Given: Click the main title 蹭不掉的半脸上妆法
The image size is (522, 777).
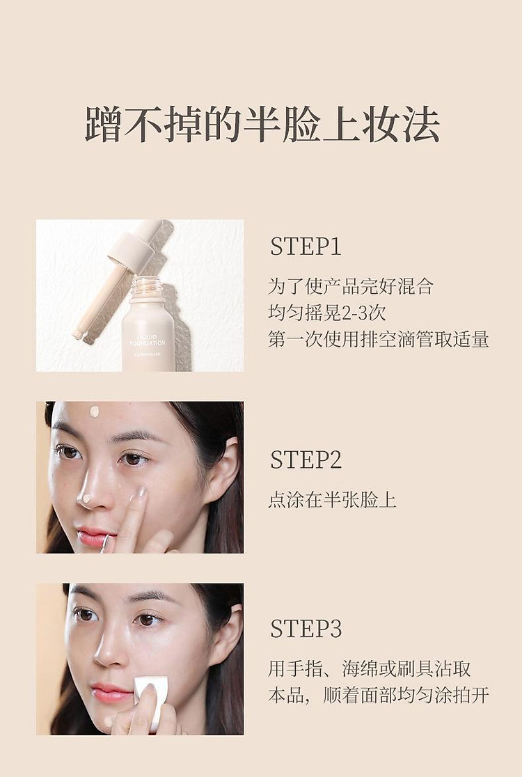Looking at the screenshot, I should [x=262, y=125].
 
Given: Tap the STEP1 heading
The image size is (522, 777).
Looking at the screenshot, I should [x=306, y=246].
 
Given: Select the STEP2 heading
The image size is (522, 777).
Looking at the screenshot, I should [x=306, y=460].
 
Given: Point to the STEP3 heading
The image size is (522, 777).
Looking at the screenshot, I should [x=306, y=629].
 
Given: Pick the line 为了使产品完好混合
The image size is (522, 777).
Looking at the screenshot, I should [x=351, y=286].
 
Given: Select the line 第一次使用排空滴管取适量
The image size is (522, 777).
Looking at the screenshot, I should [x=378, y=339].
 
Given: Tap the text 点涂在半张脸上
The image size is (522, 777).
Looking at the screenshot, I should [x=332, y=500].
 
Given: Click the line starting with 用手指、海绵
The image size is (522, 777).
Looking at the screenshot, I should [x=370, y=669].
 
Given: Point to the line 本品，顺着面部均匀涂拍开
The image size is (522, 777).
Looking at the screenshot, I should [x=378, y=696].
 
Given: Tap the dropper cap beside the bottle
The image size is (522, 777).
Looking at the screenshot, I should [x=132, y=247].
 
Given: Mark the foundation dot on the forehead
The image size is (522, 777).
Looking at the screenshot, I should [x=95, y=411].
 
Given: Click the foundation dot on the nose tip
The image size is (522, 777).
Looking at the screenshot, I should [x=86, y=499].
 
